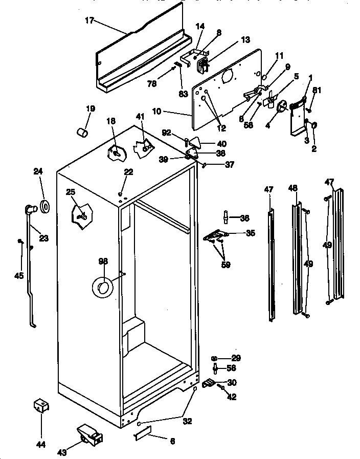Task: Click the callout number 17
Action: [90, 20]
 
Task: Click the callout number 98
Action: [103, 261]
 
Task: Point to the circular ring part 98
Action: [103, 289]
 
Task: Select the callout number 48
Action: [292, 188]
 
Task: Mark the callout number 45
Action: [18, 276]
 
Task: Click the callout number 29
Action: [236, 358]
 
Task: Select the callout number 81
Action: [317, 91]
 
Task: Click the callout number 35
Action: [250, 233]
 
